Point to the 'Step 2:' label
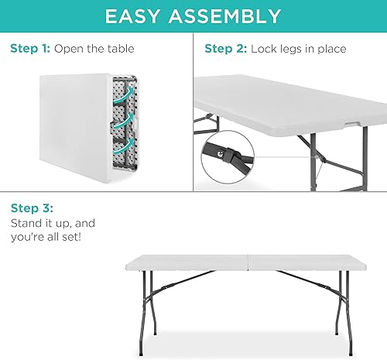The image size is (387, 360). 225,49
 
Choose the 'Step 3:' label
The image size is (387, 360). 31,209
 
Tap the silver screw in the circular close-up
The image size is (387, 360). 222,153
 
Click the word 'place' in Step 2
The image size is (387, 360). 331,49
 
